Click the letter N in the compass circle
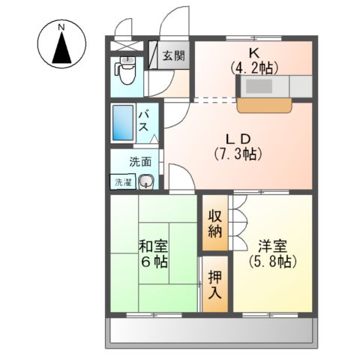pos(62,28)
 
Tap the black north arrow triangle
pos(62,50)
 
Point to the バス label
pos(145,120)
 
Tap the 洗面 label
pos(140,161)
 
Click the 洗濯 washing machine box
pos(123,181)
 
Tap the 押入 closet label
pos(214,285)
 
